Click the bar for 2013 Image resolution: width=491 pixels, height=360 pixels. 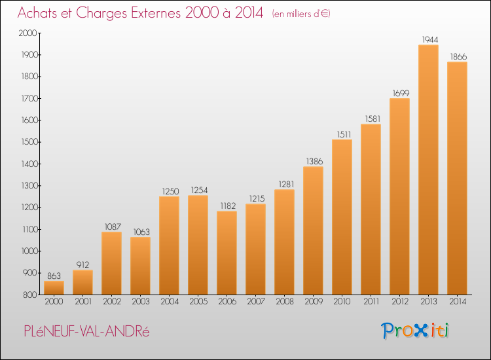(x=428, y=170)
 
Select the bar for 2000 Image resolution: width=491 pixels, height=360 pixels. (x=54, y=288)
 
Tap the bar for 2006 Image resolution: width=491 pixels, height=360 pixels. (x=227, y=253)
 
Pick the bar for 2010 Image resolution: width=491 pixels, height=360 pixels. (x=342, y=217)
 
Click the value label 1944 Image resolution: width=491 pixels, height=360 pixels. (x=430, y=40)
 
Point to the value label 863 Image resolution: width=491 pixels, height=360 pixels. (x=54, y=276)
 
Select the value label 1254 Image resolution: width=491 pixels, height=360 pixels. (x=199, y=190)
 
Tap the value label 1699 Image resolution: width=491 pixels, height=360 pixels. (x=401, y=94)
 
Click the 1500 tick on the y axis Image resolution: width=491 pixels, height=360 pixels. (x=29, y=142)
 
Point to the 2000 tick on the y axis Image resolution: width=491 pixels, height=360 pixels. (x=28, y=33)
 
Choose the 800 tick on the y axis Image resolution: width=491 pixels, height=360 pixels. (x=30, y=295)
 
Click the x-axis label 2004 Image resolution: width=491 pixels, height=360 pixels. (x=170, y=302)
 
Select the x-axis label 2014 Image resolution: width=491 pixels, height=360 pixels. (x=458, y=302)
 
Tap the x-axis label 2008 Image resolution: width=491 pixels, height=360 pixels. (x=285, y=302)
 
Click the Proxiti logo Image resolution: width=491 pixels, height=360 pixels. (x=415, y=331)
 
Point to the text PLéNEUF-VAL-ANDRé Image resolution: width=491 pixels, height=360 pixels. (x=86, y=331)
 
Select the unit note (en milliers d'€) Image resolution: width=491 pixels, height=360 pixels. (x=301, y=14)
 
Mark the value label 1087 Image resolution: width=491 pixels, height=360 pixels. (x=113, y=226)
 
